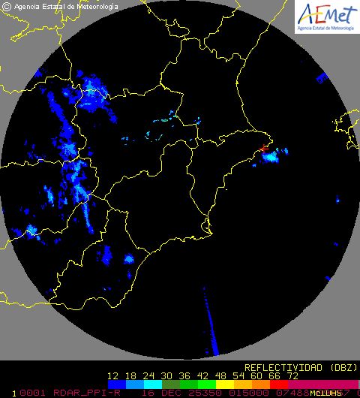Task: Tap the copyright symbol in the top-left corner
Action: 7,7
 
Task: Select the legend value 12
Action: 114,376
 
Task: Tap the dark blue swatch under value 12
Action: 114,384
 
